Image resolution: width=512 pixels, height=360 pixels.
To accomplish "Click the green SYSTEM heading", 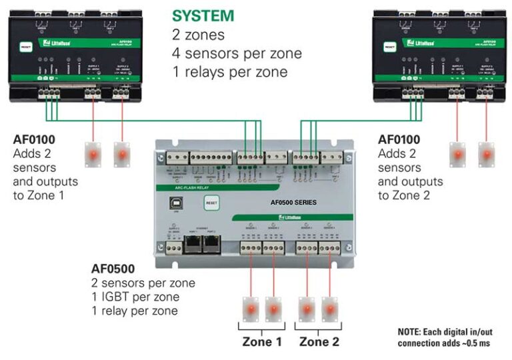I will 203,16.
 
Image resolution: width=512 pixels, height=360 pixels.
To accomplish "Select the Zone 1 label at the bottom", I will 261,342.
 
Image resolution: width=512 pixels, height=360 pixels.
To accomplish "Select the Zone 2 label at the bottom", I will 319,342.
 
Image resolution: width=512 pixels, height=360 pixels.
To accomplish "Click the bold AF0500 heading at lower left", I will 113,269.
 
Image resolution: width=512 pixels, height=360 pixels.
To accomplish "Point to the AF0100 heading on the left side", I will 35,140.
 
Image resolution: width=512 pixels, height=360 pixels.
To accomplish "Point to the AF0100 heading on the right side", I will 399,140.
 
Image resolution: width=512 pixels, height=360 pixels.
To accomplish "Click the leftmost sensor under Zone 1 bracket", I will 251,308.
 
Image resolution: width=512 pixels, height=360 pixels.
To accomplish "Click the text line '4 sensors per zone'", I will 237,53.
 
